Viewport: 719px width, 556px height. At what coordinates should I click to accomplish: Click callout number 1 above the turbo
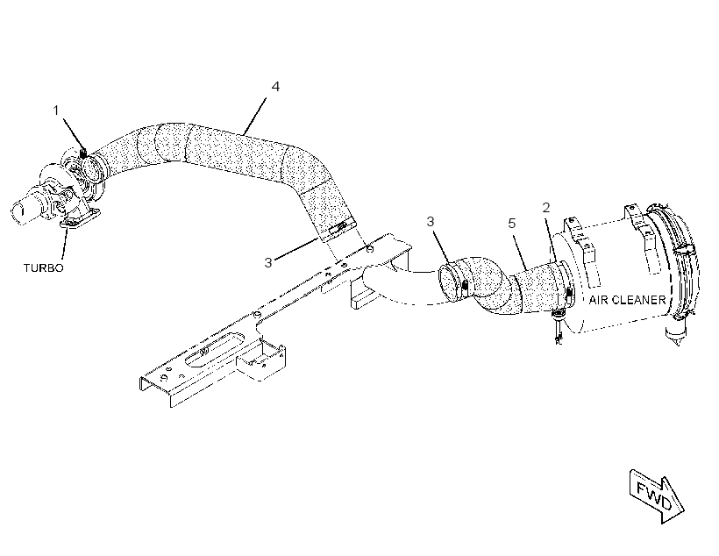56,110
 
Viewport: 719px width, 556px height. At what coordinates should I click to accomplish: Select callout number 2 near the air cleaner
545,208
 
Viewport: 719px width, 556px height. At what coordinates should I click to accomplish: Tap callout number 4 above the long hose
275,86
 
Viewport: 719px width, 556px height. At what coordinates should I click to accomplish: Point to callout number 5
512,224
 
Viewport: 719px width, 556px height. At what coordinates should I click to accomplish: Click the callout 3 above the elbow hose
431,222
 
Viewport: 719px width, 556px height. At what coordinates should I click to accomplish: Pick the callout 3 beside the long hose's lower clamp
268,262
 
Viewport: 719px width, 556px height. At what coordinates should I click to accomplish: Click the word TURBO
44,267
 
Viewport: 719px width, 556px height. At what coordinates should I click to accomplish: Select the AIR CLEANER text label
627,300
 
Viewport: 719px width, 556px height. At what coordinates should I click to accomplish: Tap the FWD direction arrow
657,495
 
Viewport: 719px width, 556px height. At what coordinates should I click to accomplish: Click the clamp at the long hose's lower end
338,229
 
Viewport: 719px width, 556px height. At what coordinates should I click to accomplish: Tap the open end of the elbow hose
449,281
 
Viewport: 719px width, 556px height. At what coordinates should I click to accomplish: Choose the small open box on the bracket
261,360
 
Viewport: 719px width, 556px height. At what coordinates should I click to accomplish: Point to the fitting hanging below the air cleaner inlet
559,326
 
